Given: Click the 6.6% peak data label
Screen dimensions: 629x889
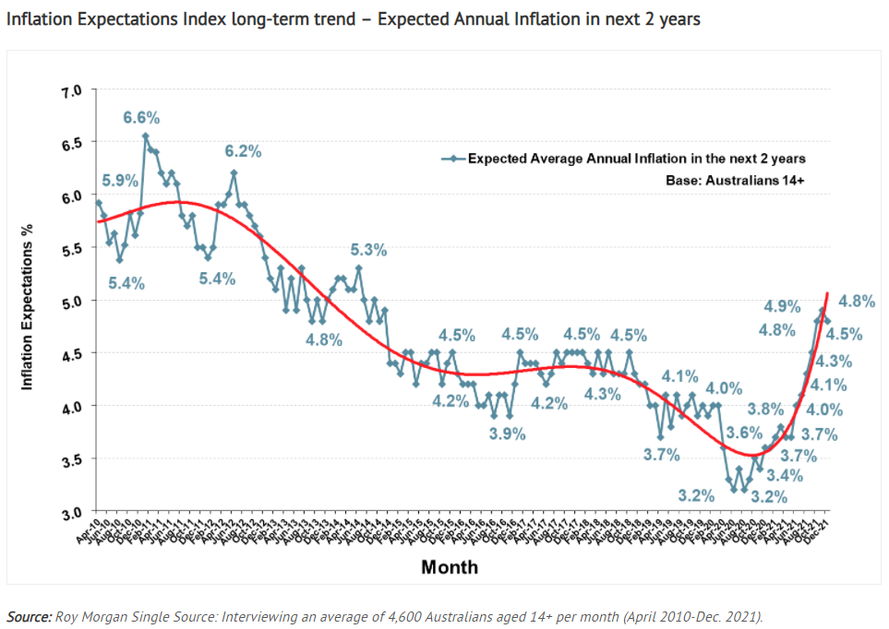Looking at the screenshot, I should point(142,117).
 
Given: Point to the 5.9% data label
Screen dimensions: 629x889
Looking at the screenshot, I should point(120,180).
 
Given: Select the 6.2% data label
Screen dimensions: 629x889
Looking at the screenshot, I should point(244,151).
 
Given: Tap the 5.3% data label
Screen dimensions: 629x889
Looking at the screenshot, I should point(368,250).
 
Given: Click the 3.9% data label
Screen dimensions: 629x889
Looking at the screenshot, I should point(508,433).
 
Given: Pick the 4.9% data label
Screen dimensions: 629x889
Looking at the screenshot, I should point(782,306).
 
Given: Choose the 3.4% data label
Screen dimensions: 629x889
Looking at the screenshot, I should point(784,475).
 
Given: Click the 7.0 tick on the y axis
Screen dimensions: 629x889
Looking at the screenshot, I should point(72,91).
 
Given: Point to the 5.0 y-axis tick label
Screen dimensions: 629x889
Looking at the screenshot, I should point(72,302).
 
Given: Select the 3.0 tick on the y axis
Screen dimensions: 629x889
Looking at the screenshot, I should point(72,512).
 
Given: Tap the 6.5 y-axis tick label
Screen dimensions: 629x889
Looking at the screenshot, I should point(72,144).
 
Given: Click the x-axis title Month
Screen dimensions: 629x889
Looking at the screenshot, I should point(450,567).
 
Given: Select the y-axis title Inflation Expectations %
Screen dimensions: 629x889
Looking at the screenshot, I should point(27,301).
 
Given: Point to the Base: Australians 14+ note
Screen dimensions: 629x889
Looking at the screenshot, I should point(735,181).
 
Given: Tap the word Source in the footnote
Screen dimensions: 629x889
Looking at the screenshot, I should point(28,616).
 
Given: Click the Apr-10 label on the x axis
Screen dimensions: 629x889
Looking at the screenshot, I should point(90,530).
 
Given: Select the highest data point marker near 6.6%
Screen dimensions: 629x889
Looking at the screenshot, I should point(146,136).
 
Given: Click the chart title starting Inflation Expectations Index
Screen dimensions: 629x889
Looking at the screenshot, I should point(353,19).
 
